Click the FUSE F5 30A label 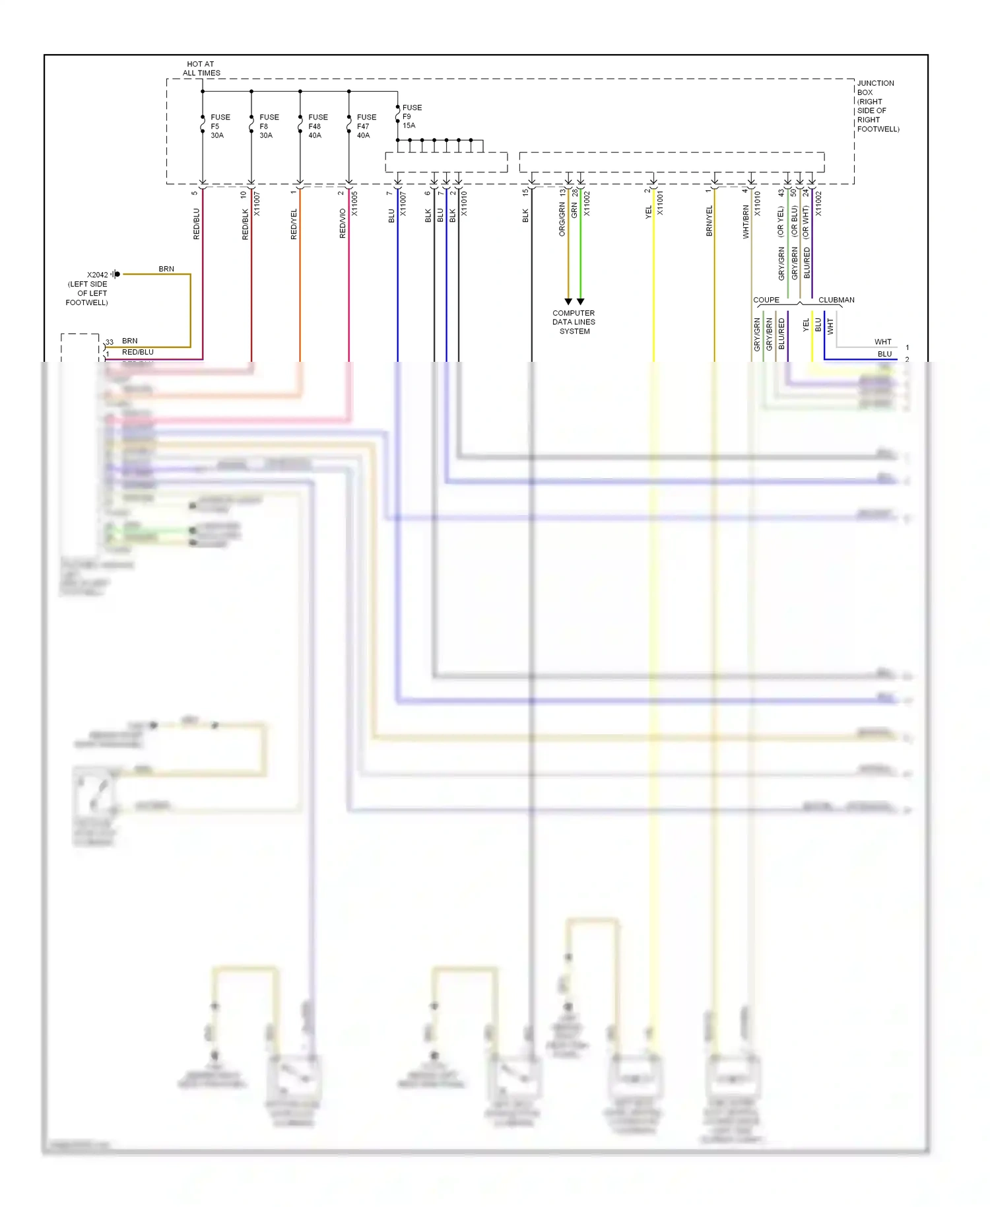pos(220,126)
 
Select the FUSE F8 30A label pos(269,126)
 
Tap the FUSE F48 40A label pos(317,126)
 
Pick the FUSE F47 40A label pos(366,126)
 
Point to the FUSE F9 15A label pos(411,116)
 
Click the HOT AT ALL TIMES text pos(201,69)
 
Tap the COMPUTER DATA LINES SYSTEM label pos(574,322)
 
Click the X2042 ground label pos(97,275)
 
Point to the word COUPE pos(766,300)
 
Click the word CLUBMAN pos(836,300)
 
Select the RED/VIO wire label pos(343,223)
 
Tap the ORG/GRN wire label pos(562,219)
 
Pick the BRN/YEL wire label pos(709,221)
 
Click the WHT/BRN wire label pos(746,221)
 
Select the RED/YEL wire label pos(294,224)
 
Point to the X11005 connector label pos(354,204)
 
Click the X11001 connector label pos(660,203)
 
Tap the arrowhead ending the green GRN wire pos(581,302)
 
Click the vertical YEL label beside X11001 pos(648,211)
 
